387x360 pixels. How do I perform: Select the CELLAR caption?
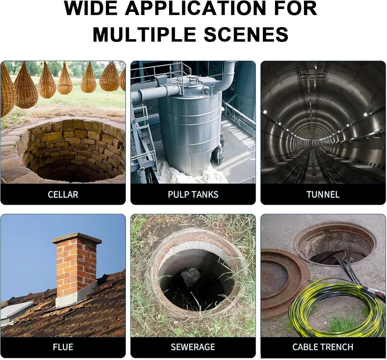tap(63, 195)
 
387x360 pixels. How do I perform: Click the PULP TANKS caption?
tap(193, 195)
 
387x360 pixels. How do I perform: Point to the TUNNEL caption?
tap(323, 195)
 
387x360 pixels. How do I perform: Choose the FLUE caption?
tap(63, 347)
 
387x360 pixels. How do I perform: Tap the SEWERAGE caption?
tap(193, 347)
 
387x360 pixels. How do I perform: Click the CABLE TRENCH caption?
tap(323, 347)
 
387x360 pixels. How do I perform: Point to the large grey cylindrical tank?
tap(190, 127)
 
